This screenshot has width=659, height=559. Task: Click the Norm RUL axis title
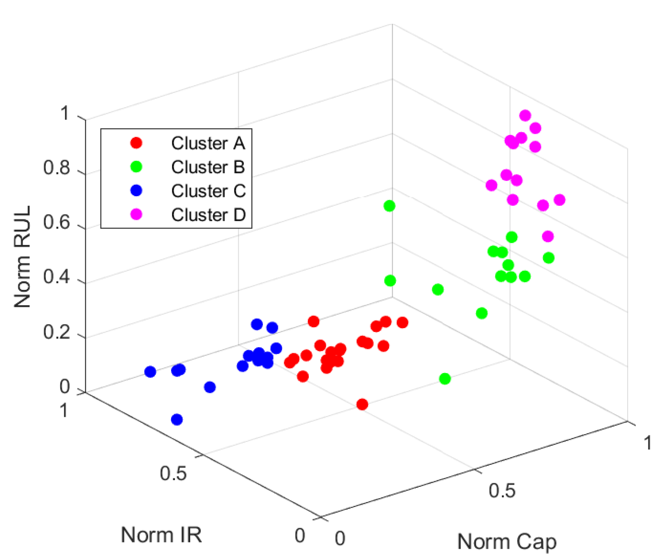[x=23, y=257]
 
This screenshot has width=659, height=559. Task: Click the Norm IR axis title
[x=161, y=534]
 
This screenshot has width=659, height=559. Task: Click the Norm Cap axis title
[x=507, y=542]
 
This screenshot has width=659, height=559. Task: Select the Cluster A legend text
[x=208, y=143]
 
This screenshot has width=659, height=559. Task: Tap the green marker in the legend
[x=136, y=167]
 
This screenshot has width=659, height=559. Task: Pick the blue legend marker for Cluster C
[x=136, y=191]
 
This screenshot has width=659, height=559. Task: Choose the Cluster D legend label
[x=208, y=215]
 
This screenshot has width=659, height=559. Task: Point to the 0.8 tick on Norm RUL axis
[x=56, y=168]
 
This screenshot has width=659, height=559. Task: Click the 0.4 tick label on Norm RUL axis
[x=56, y=277]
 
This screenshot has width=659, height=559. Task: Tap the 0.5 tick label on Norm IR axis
[x=173, y=473]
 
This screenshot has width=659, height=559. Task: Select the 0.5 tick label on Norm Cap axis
[x=502, y=491]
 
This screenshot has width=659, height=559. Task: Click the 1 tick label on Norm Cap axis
[x=647, y=443]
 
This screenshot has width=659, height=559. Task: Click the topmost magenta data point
[x=525, y=115]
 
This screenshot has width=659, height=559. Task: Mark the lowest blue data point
[x=177, y=420]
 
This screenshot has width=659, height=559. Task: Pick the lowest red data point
[x=362, y=405]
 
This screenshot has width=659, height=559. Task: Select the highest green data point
[x=389, y=206]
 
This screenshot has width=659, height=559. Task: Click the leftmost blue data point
[x=150, y=372]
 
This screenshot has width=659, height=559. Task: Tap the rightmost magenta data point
[x=560, y=199]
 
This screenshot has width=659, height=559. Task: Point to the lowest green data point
[x=445, y=379]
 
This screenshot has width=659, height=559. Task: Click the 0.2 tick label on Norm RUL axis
[x=56, y=332]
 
